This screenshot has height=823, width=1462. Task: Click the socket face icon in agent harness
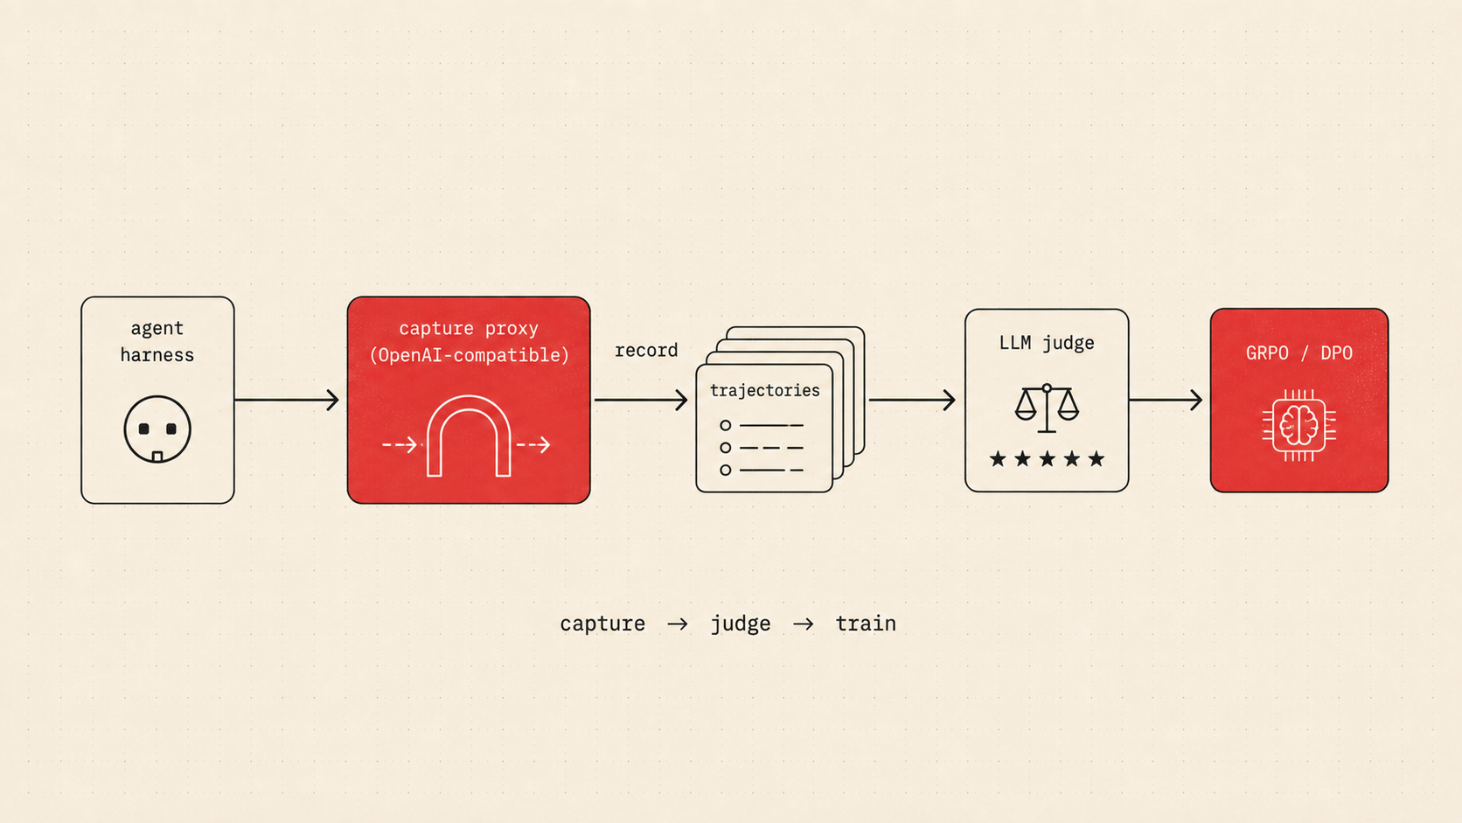(x=157, y=429)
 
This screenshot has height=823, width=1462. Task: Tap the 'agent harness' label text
(x=157, y=341)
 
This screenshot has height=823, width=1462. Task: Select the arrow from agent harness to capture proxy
(x=287, y=400)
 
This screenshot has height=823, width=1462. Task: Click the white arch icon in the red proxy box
(x=469, y=436)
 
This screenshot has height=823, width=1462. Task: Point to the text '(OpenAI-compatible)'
(x=470, y=355)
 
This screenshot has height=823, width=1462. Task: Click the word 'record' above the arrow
(x=646, y=351)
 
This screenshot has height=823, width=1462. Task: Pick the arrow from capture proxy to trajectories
(x=640, y=400)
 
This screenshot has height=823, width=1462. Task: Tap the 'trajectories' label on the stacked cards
(x=764, y=390)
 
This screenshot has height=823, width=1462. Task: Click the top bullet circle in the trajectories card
(x=725, y=426)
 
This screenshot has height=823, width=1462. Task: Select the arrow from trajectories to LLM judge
(x=912, y=400)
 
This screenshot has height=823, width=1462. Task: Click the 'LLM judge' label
(x=1047, y=343)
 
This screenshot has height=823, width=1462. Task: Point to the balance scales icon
(x=1047, y=408)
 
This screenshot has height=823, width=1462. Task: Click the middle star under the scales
(x=1047, y=459)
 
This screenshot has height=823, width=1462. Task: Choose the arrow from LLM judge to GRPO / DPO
(x=1166, y=400)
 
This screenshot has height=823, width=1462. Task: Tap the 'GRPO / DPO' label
(x=1298, y=353)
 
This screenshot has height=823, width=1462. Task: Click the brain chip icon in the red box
(x=1298, y=426)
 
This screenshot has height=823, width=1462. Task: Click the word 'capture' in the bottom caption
(x=602, y=624)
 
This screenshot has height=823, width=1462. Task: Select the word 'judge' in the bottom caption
(x=740, y=624)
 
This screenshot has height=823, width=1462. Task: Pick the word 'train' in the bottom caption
(x=866, y=624)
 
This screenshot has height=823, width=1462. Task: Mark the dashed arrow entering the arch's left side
(x=400, y=445)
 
